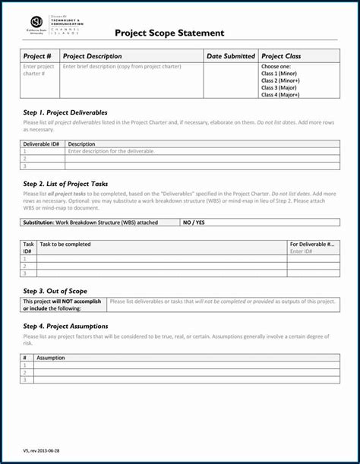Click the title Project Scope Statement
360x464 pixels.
(x=169, y=33)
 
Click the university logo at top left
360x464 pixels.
(x=36, y=22)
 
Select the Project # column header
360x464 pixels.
(x=37, y=56)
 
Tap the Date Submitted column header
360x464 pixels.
(x=230, y=56)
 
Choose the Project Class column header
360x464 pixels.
(x=281, y=56)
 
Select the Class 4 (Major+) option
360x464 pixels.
(x=280, y=95)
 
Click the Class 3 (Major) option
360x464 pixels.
(x=279, y=88)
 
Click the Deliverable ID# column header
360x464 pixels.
(x=41, y=144)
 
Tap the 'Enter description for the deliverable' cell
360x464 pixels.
(x=111, y=151)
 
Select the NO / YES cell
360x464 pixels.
(x=194, y=223)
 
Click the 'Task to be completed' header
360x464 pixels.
(x=65, y=245)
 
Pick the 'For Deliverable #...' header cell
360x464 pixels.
(x=311, y=245)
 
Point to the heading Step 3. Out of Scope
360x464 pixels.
(x=55, y=291)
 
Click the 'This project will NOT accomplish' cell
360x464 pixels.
(x=62, y=305)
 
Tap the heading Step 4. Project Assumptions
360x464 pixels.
(x=65, y=326)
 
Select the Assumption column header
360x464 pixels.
(x=51, y=358)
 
